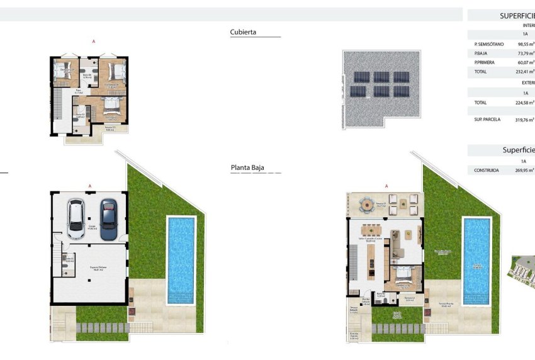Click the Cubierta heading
(x=243, y=31)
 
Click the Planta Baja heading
(x=247, y=168)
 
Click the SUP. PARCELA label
(x=487, y=119)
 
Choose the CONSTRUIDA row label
(x=487, y=170)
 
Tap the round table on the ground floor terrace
(x=365, y=203)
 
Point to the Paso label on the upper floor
(x=79, y=91)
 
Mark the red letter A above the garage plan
(x=91, y=186)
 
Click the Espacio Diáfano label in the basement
(x=97, y=267)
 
